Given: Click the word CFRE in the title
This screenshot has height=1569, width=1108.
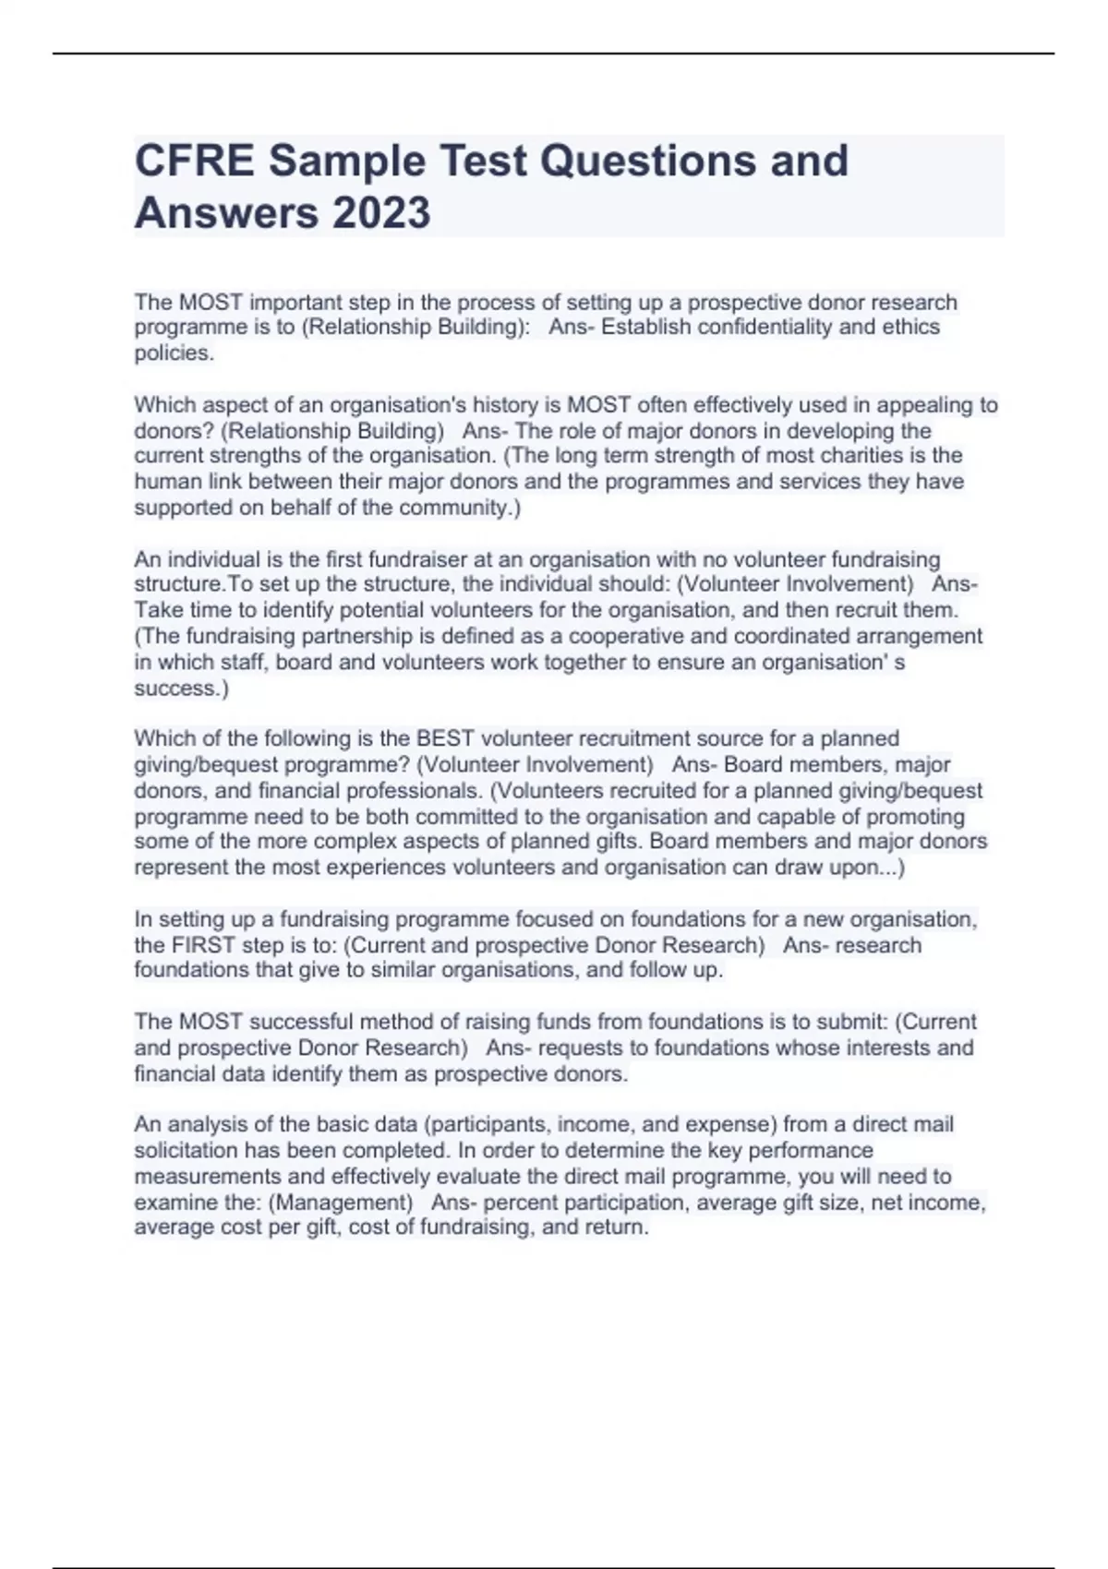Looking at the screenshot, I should tap(193, 161).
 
